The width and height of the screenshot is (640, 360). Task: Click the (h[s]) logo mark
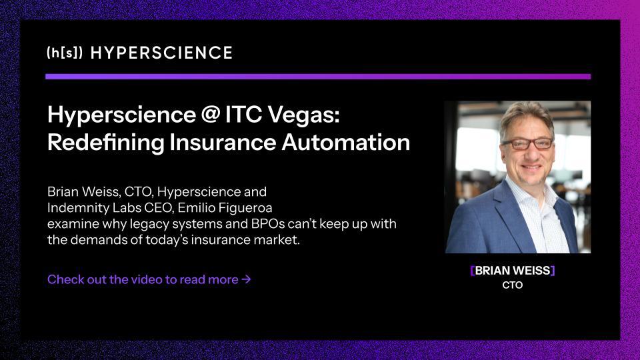tap(65, 53)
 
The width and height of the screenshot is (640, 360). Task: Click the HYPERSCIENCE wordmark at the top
tap(161, 53)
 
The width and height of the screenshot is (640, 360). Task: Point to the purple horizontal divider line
tap(317, 77)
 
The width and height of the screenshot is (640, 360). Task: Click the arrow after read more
tap(247, 279)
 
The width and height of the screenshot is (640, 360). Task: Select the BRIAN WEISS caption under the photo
tap(512, 271)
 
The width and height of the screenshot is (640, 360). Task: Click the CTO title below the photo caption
tap(512, 285)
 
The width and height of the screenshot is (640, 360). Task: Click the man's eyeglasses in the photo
tap(527, 143)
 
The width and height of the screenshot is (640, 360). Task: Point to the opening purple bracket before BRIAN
tap(472, 271)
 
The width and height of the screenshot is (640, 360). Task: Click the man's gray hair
tap(527, 113)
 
